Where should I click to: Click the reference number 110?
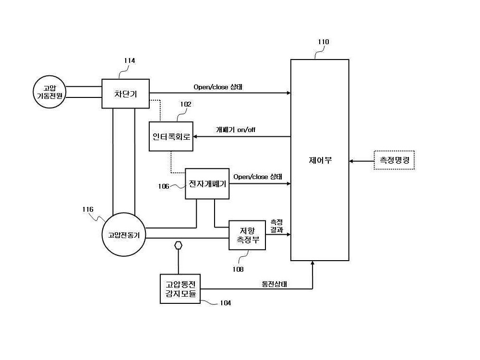point(323,42)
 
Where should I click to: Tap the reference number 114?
point(130,60)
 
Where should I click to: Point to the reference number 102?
point(185,104)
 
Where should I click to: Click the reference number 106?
point(164,186)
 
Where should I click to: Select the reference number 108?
point(238,269)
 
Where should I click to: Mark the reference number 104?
point(225,303)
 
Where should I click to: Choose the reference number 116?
point(88,209)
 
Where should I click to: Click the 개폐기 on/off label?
point(236,130)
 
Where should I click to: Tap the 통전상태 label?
point(274,284)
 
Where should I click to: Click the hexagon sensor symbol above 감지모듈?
point(178,245)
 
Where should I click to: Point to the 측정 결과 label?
point(277,226)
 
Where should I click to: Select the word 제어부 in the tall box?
point(320,160)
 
